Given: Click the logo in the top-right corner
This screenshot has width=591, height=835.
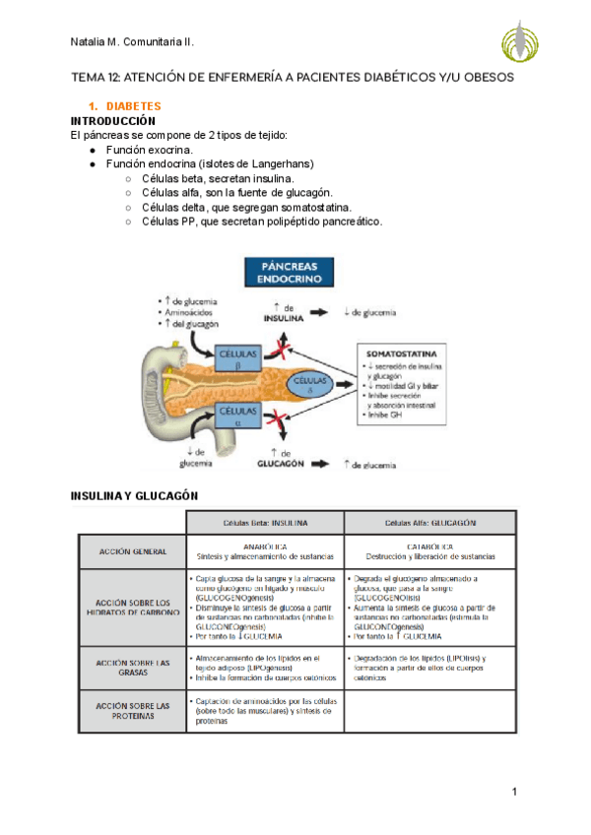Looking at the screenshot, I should tap(520, 40).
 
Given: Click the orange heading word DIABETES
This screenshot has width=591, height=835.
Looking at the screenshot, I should tap(133, 105).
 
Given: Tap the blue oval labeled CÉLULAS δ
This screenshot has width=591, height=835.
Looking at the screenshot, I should tap(311, 382).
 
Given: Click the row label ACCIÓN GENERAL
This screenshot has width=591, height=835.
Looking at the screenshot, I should tap(133, 550).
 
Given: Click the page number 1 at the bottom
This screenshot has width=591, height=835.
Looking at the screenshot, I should tap(514, 792).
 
